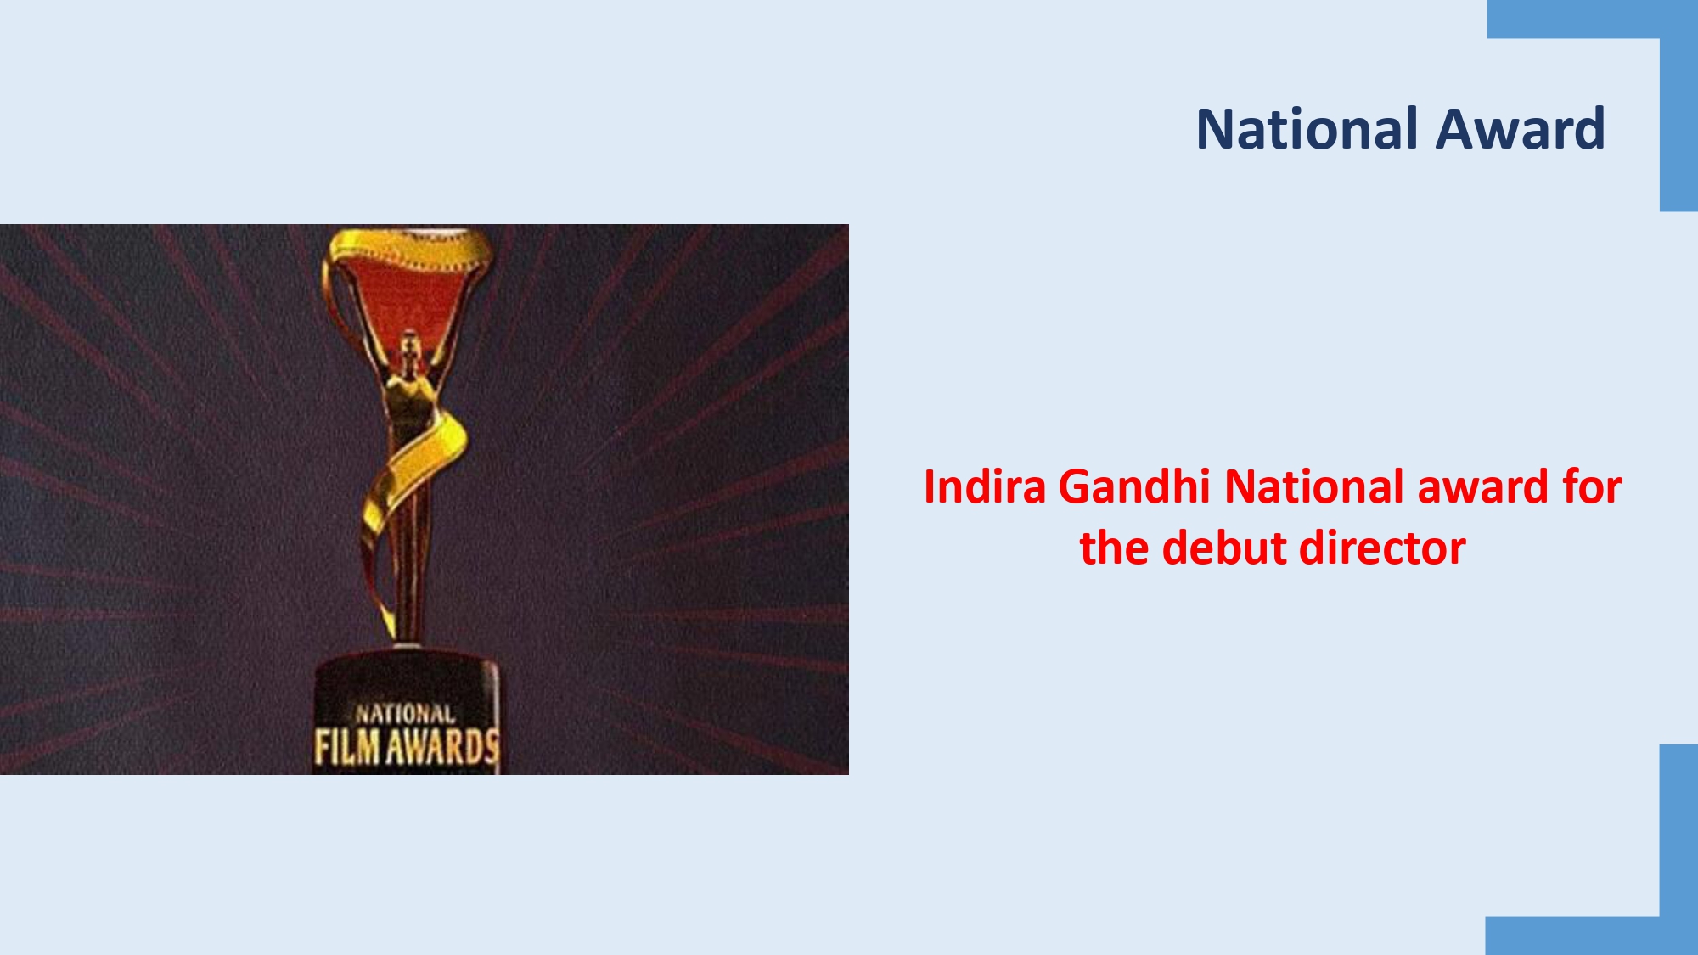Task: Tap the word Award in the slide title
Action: (1521, 129)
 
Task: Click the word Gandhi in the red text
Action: (1134, 487)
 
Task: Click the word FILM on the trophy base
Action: (346, 747)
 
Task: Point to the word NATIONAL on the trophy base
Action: (405, 714)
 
